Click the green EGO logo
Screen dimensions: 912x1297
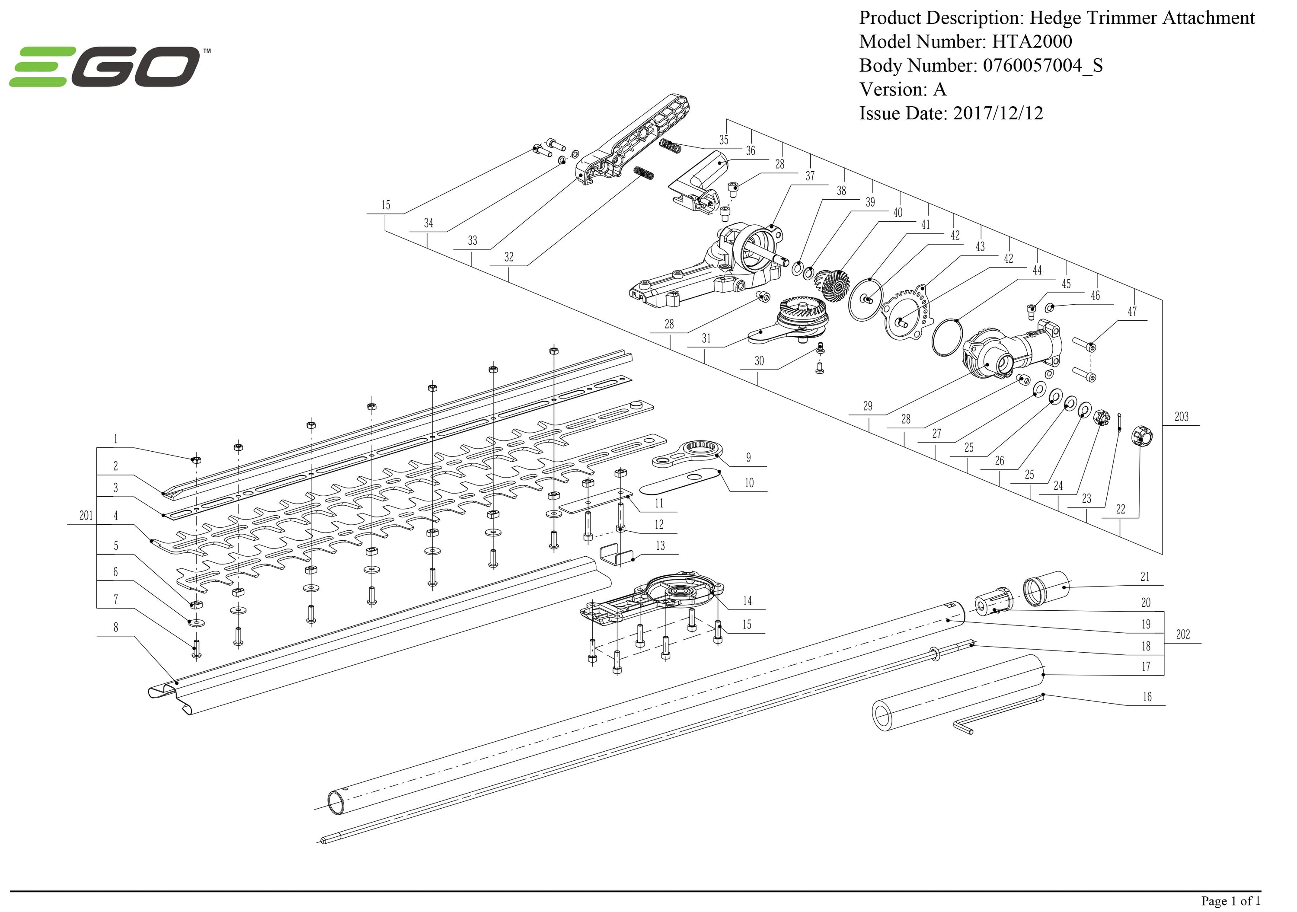105,67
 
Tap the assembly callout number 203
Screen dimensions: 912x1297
1181,417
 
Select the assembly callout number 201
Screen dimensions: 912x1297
86,516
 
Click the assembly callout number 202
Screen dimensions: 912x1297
1183,634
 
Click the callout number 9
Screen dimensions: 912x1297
748,457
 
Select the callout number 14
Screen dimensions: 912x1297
748,601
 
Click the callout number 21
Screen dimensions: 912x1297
1145,577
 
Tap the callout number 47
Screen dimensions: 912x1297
1132,311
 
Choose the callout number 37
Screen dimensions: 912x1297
810,176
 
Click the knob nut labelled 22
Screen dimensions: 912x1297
1142,437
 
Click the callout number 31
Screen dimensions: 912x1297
706,338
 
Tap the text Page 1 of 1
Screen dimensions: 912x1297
1230,900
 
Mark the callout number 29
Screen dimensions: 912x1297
868,406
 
